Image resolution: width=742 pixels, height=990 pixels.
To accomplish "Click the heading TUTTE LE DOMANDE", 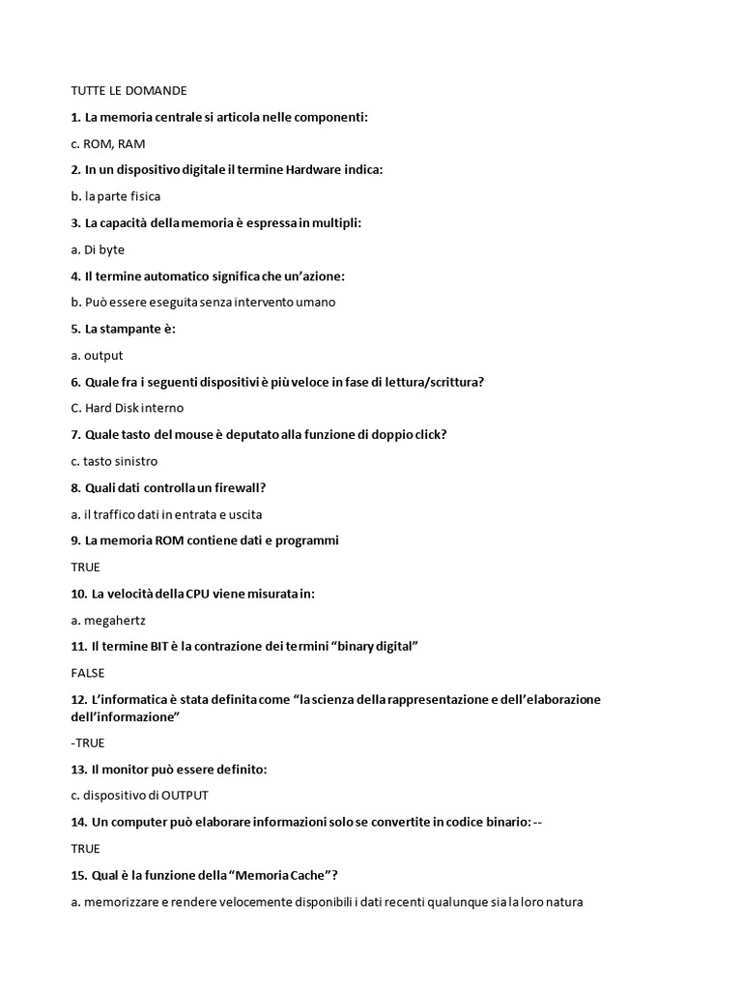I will tap(128, 91).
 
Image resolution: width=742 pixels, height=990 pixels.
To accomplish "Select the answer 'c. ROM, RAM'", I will tap(108, 143).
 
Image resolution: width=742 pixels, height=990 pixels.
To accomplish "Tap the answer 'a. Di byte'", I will tap(98, 249).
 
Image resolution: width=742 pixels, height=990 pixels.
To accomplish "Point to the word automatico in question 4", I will tap(178, 276).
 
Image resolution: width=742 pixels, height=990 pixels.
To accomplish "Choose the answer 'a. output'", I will tap(97, 355).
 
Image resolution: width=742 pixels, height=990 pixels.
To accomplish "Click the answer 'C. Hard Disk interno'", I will tap(127, 408).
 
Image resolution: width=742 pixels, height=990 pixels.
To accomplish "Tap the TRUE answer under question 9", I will tap(85, 567).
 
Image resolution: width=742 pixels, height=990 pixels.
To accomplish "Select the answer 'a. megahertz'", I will tap(108, 620).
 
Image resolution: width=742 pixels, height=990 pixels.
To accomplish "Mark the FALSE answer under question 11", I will tap(87, 673).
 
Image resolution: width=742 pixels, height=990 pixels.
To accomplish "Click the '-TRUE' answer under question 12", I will tap(88, 742).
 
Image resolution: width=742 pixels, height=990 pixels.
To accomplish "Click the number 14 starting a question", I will tap(78, 822).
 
